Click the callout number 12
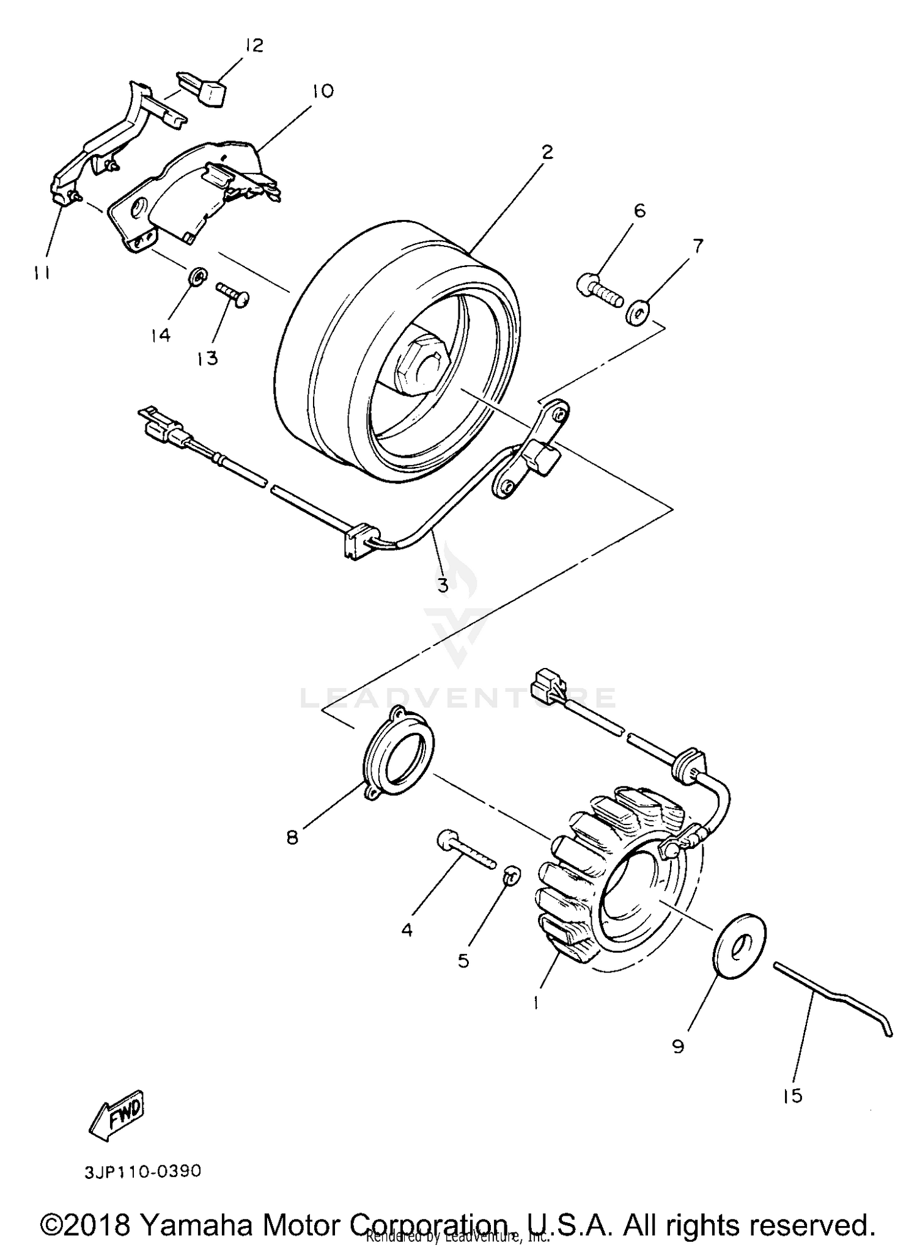click(254, 45)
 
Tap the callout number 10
click(322, 92)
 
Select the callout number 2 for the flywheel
click(547, 152)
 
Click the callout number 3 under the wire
click(443, 585)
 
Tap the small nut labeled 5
click(512, 874)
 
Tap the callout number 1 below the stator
click(536, 1002)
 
